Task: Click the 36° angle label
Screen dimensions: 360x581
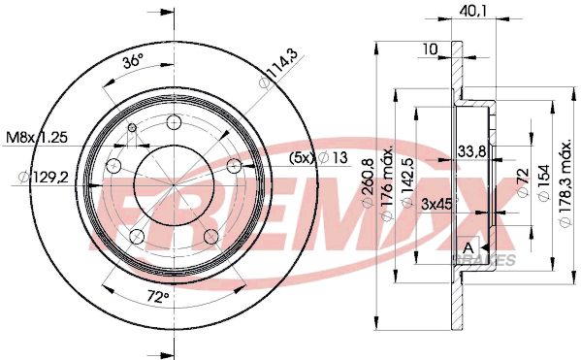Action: pos(133,60)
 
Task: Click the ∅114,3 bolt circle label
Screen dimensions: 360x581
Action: pos(275,73)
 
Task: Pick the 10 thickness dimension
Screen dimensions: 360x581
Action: pos(430,48)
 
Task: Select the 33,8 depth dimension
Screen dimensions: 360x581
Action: pos(471,149)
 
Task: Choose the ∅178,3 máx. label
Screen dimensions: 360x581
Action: pos(566,185)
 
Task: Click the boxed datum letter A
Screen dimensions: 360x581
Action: pos(469,249)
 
